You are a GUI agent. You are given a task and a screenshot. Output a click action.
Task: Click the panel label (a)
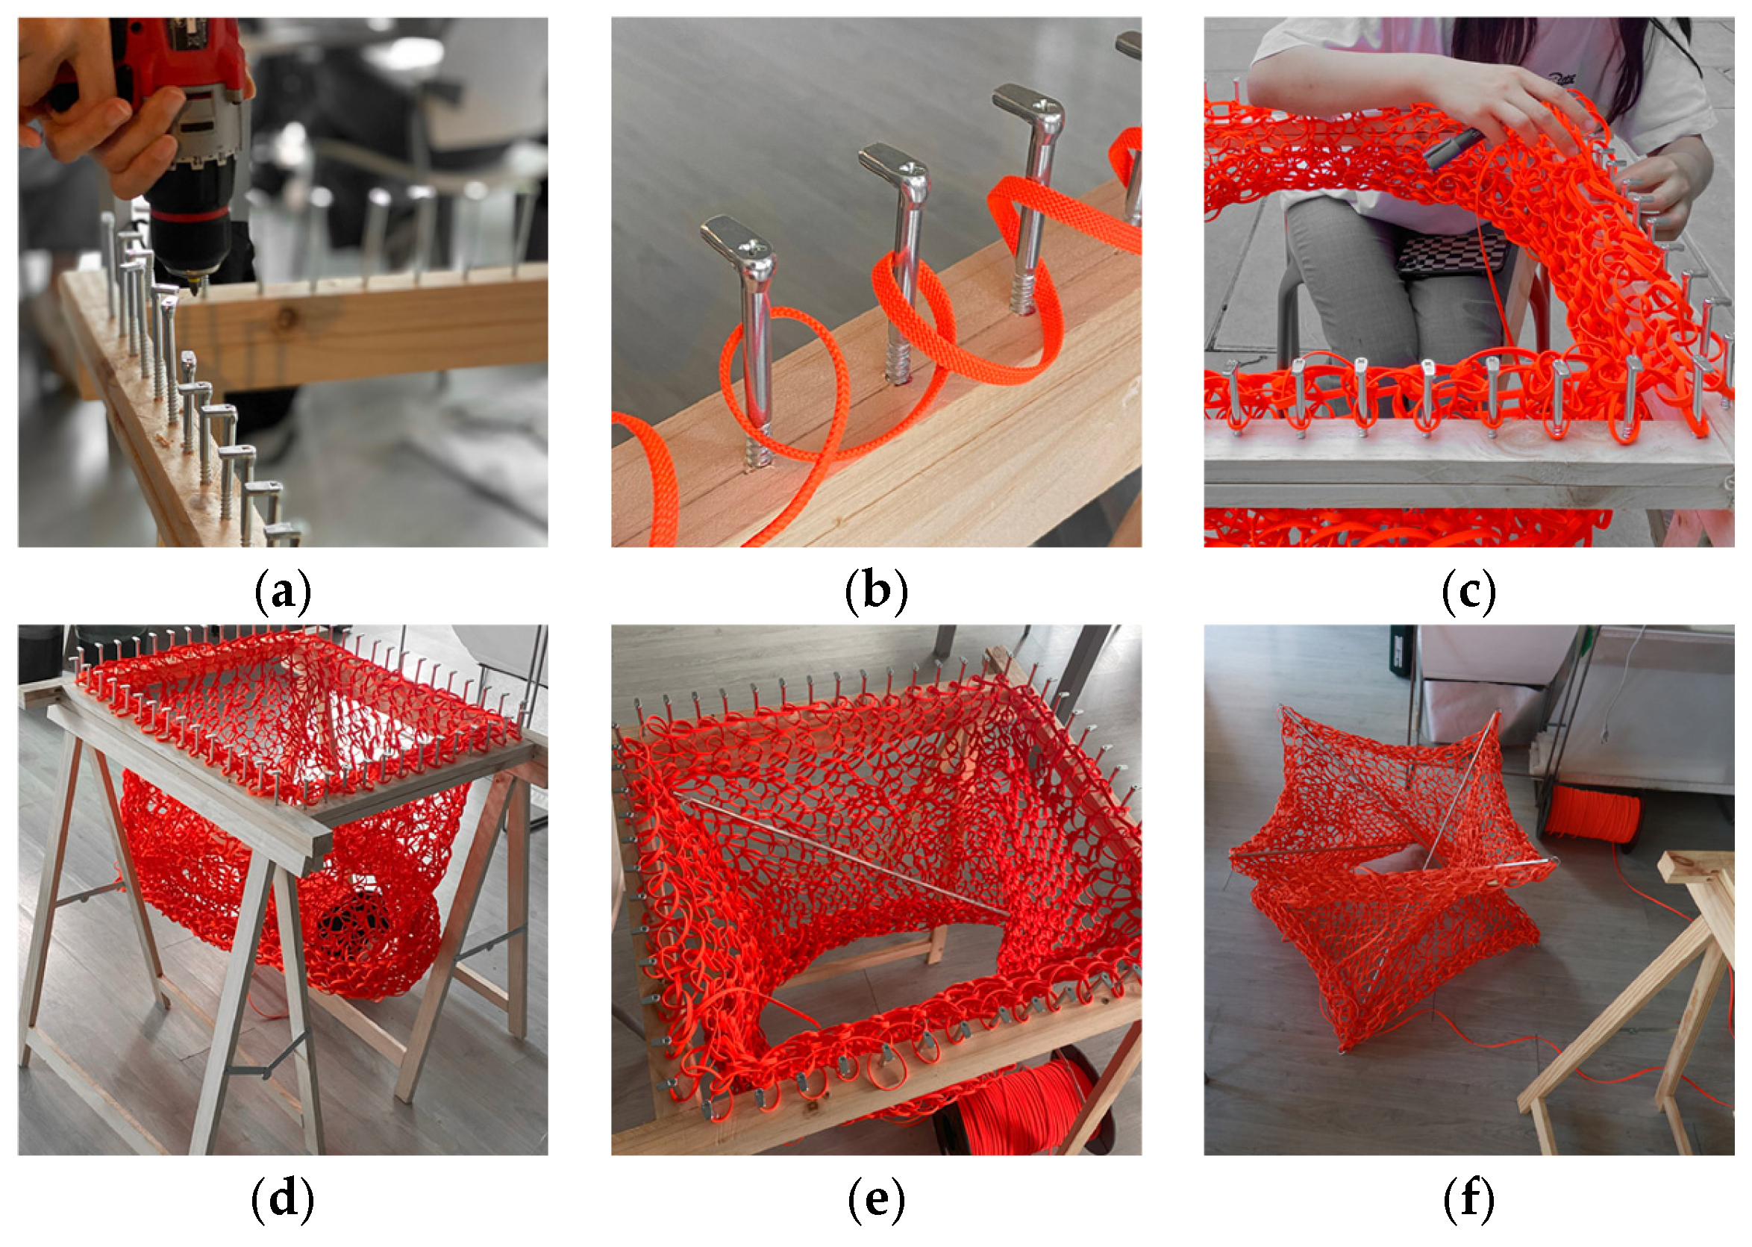282,592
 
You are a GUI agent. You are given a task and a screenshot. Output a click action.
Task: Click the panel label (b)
875,592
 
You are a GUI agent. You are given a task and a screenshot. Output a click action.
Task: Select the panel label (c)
1468,592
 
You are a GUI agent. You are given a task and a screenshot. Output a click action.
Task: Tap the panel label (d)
282,1199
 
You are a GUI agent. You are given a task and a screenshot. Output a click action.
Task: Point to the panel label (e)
875,1199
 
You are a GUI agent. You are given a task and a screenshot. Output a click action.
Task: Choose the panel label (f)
1468,1199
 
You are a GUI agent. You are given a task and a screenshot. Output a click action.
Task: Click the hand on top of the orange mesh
1505,107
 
